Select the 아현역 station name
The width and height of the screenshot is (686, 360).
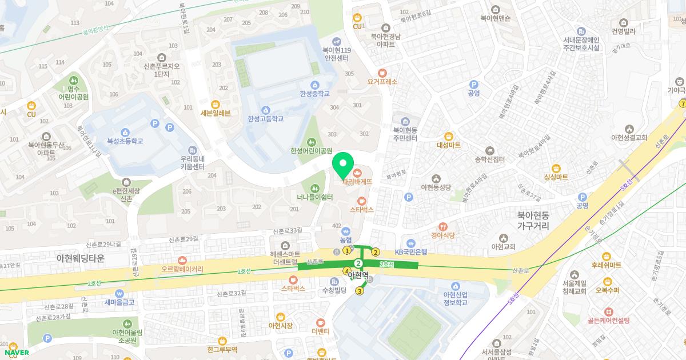(358, 275)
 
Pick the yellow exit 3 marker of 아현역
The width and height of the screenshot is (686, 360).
(360, 291)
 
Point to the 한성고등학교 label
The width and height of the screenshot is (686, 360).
(265, 119)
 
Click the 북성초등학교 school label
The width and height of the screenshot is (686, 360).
(125, 141)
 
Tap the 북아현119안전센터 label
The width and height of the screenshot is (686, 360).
(337, 54)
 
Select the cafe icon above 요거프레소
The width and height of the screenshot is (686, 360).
(382, 73)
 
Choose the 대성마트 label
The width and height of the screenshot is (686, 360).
(449, 145)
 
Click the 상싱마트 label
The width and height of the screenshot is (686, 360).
(556, 177)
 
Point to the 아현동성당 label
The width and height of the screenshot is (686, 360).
(436, 187)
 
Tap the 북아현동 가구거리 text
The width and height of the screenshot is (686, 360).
(533, 221)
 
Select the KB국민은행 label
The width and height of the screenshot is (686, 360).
(411, 251)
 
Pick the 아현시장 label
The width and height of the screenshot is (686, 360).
(280, 325)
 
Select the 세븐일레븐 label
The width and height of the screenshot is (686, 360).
(216, 113)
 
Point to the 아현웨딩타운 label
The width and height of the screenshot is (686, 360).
(81, 258)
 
